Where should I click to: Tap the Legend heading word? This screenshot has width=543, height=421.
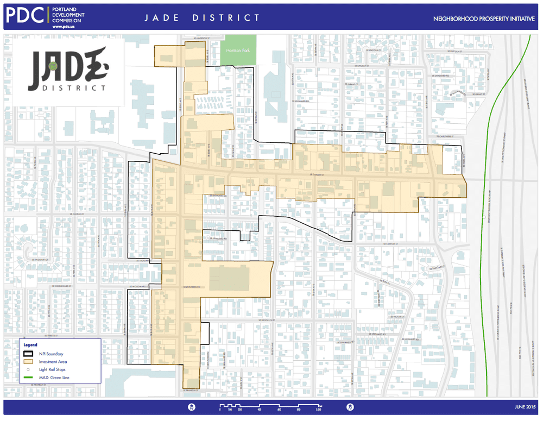30,344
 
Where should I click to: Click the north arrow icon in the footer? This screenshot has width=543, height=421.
351,406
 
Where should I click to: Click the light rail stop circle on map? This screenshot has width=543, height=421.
483,218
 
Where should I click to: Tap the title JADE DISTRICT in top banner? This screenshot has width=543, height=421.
202,18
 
